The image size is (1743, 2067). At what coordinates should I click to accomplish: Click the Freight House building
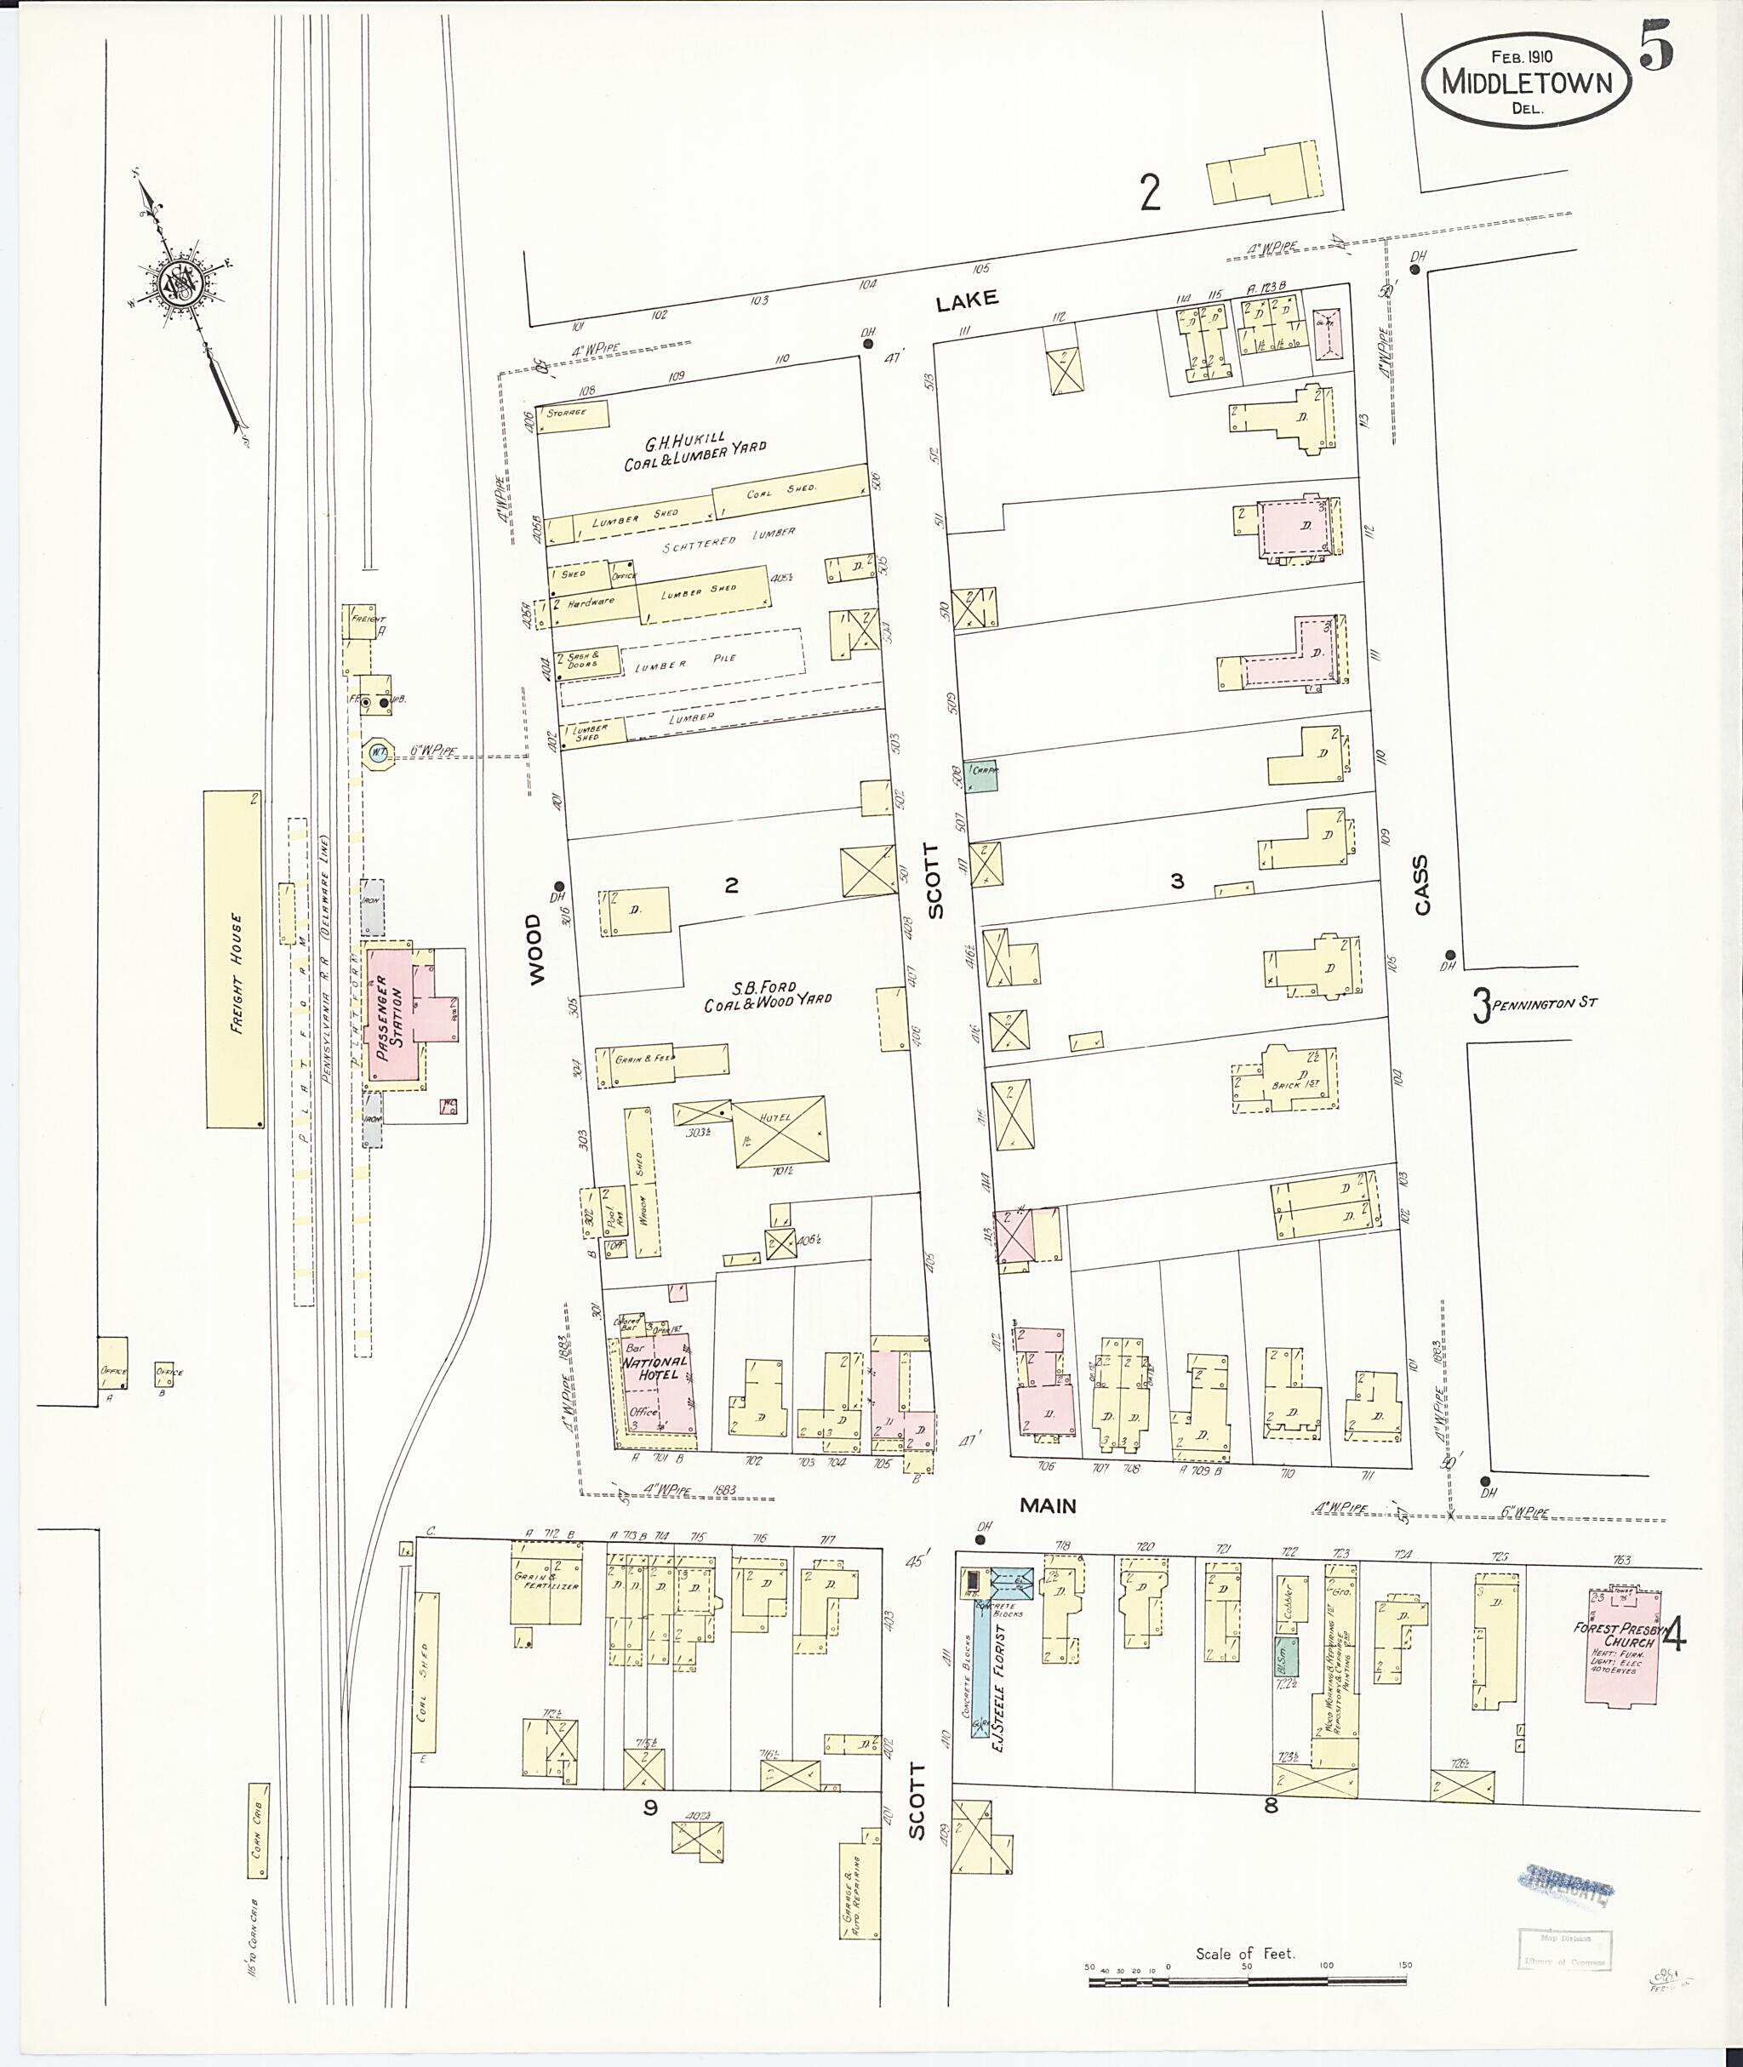pos(234,957)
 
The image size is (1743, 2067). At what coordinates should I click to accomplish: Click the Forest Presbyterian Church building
pos(1620,1645)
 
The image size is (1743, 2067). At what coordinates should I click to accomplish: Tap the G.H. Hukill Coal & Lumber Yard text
pos(693,454)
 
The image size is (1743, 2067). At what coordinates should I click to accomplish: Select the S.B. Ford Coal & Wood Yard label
pos(766,996)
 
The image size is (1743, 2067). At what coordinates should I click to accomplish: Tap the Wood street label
pos(534,949)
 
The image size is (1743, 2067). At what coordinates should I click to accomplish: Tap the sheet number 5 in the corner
pos(1656,47)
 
